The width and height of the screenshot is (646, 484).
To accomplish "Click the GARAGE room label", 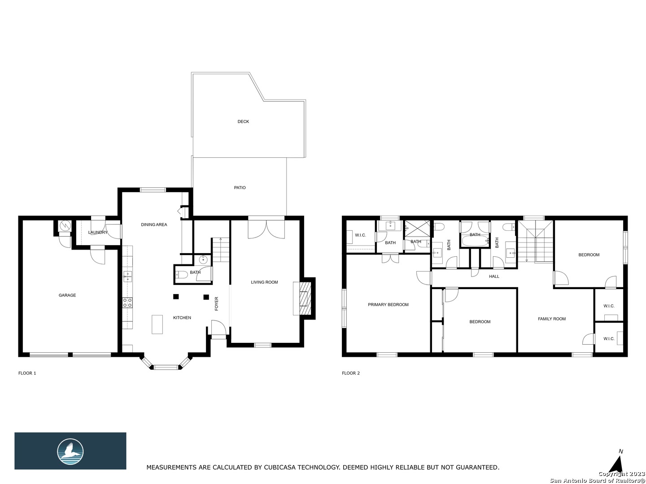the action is [x=67, y=295].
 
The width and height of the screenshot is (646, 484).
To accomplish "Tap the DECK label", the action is [x=243, y=121].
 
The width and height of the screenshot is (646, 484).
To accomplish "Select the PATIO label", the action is [x=240, y=187].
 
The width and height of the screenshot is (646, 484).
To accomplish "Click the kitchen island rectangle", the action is [x=157, y=324].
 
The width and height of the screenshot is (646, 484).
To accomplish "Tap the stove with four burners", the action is [x=127, y=302].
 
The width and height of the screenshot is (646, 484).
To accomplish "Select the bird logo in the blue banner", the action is [x=70, y=451].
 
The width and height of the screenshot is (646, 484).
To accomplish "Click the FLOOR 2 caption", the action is [x=350, y=373].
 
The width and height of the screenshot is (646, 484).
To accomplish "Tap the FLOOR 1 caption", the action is [x=27, y=373].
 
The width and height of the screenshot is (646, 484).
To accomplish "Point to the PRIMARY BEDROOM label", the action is [x=388, y=304].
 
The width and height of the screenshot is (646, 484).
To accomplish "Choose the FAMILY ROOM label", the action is [x=551, y=319].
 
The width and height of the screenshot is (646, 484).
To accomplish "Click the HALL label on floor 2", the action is [x=494, y=276].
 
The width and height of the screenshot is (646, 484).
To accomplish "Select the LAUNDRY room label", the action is [x=98, y=233].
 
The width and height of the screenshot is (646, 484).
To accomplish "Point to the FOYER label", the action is [x=217, y=303].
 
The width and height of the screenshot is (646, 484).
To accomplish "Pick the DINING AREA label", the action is [x=154, y=225].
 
